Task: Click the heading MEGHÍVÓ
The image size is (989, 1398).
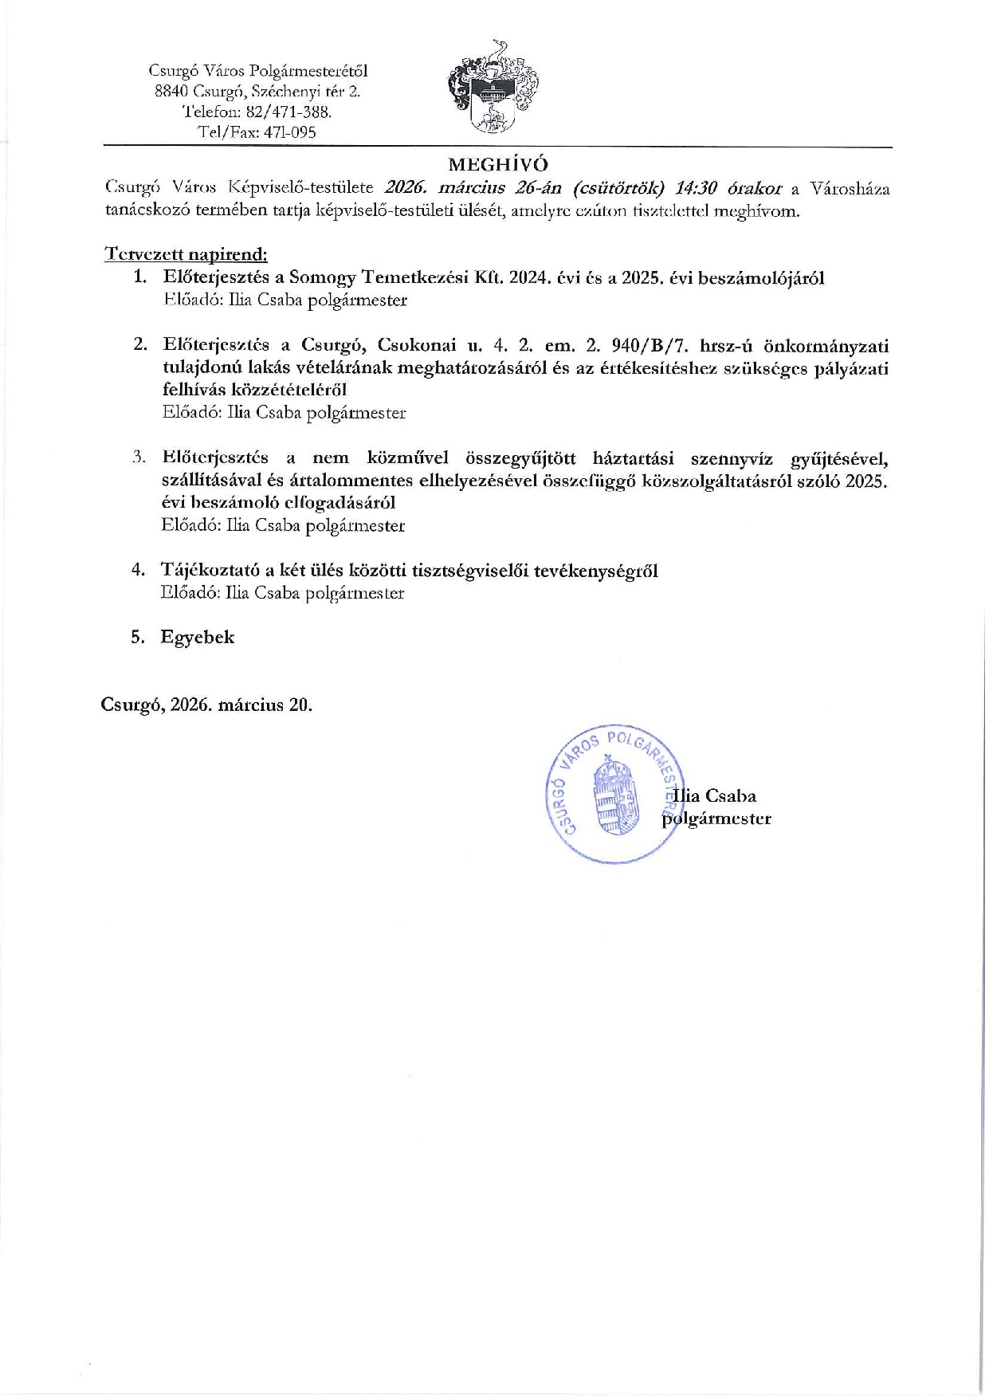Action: click(x=498, y=164)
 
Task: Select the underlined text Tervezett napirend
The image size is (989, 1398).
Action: click(x=186, y=254)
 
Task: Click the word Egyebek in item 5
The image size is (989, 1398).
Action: click(x=197, y=637)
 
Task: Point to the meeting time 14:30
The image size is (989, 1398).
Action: click(x=696, y=189)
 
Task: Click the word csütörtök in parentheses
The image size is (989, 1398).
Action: click(x=613, y=189)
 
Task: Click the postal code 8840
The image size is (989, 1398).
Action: click(x=171, y=91)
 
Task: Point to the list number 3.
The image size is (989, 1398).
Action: click(x=139, y=457)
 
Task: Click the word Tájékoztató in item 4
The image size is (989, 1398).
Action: click(x=210, y=570)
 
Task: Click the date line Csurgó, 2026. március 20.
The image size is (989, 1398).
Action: click(x=206, y=705)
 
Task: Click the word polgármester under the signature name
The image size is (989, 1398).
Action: click(x=717, y=819)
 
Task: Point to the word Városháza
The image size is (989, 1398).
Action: click(x=850, y=189)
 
